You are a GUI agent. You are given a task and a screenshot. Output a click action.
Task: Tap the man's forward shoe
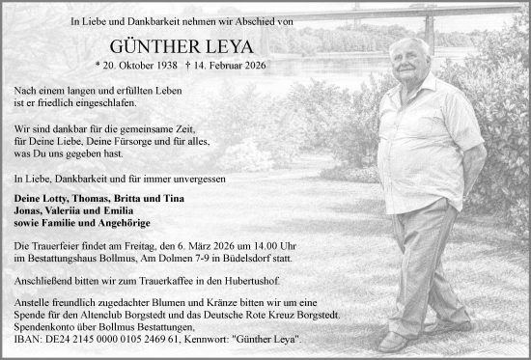tap(393, 341)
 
